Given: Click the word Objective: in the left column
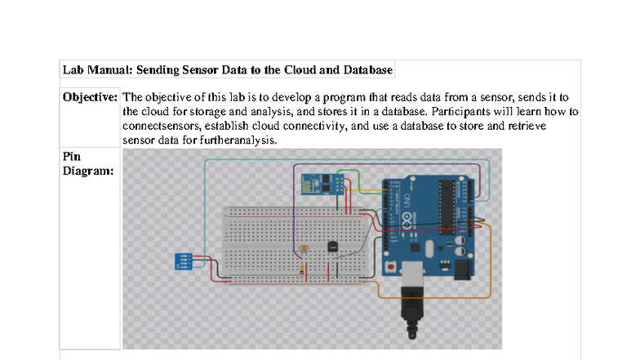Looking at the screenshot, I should coord(91,97).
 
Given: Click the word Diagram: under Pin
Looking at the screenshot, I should coord(88,171).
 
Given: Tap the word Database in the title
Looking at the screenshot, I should coord(363,70).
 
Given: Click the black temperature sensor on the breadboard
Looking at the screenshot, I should coord(331,246).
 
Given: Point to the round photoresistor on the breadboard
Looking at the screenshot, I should coord(304,248).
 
